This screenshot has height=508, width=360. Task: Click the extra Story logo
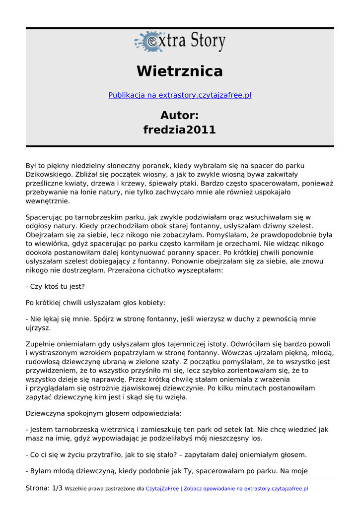point(180,42)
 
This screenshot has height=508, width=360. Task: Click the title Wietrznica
point(180,71)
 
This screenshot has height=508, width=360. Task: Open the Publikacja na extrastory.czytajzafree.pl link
point(180,95)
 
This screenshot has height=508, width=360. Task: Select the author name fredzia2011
point(180,130)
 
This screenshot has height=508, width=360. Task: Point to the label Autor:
point(180,116)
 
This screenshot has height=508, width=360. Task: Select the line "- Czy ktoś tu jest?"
point(55,287)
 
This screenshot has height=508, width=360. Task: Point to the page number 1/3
point(57,489)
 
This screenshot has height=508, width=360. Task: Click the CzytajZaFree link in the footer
point(162,489)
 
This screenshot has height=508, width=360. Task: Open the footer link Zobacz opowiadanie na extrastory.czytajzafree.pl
point(246,489)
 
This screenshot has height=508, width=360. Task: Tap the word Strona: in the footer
point(38,489)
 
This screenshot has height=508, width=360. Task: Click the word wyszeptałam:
point(199,271)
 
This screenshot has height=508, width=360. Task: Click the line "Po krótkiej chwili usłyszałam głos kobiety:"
point(96,303)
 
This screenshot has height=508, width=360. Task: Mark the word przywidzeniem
point(51,371)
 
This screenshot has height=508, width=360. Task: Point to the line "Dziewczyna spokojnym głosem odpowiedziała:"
point(104,413)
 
